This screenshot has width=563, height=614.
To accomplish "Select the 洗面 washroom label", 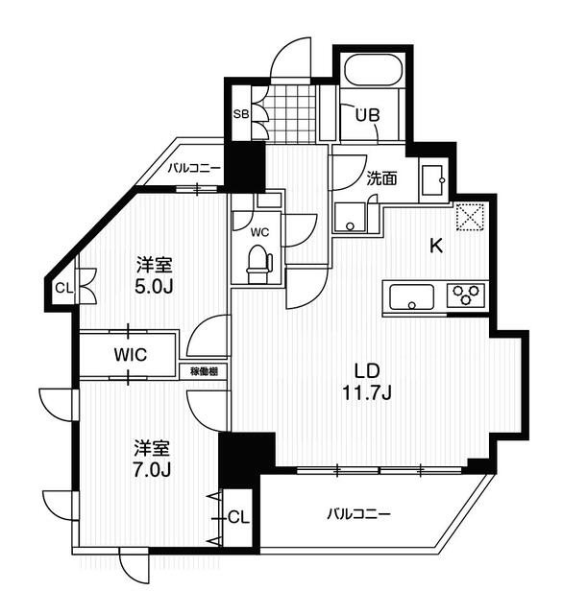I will tap(381, 177).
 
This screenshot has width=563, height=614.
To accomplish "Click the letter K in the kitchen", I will tap(435, 246).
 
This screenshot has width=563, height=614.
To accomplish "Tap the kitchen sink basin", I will tap(411, 296).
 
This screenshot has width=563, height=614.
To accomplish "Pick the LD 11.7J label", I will tap(369, 381).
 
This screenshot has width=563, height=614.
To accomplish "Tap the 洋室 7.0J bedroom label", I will tap(152, 457).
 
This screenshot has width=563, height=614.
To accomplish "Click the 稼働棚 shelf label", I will tap(203, 370).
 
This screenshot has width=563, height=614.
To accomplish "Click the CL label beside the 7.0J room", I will tap(238, 517).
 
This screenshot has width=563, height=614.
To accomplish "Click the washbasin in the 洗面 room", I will tap(431, 178).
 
